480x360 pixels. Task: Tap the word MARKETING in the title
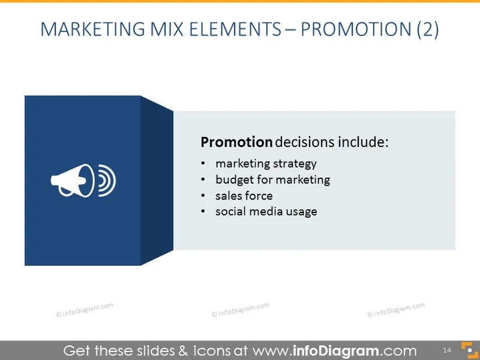point(92,29)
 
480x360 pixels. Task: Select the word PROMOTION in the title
point(356,29)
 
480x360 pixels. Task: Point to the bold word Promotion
point(237,142)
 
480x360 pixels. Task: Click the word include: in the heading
point(363,142)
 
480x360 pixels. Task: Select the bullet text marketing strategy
point(266,164)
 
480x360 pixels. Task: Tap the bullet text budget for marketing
point(273,180)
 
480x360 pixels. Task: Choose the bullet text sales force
point(244,196)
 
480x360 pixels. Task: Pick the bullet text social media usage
point(266,212)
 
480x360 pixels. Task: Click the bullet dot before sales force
point(203,196)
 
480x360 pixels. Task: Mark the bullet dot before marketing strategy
point(203,164)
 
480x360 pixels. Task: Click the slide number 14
point(447,350)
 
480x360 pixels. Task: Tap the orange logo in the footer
point(469,350)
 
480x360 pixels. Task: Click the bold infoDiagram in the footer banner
point(336,351)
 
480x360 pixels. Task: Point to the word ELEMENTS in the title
point(235,29)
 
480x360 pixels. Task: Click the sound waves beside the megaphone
point(107,180)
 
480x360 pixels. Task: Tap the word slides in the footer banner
point(156,351)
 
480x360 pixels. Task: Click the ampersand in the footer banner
point(183,351)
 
